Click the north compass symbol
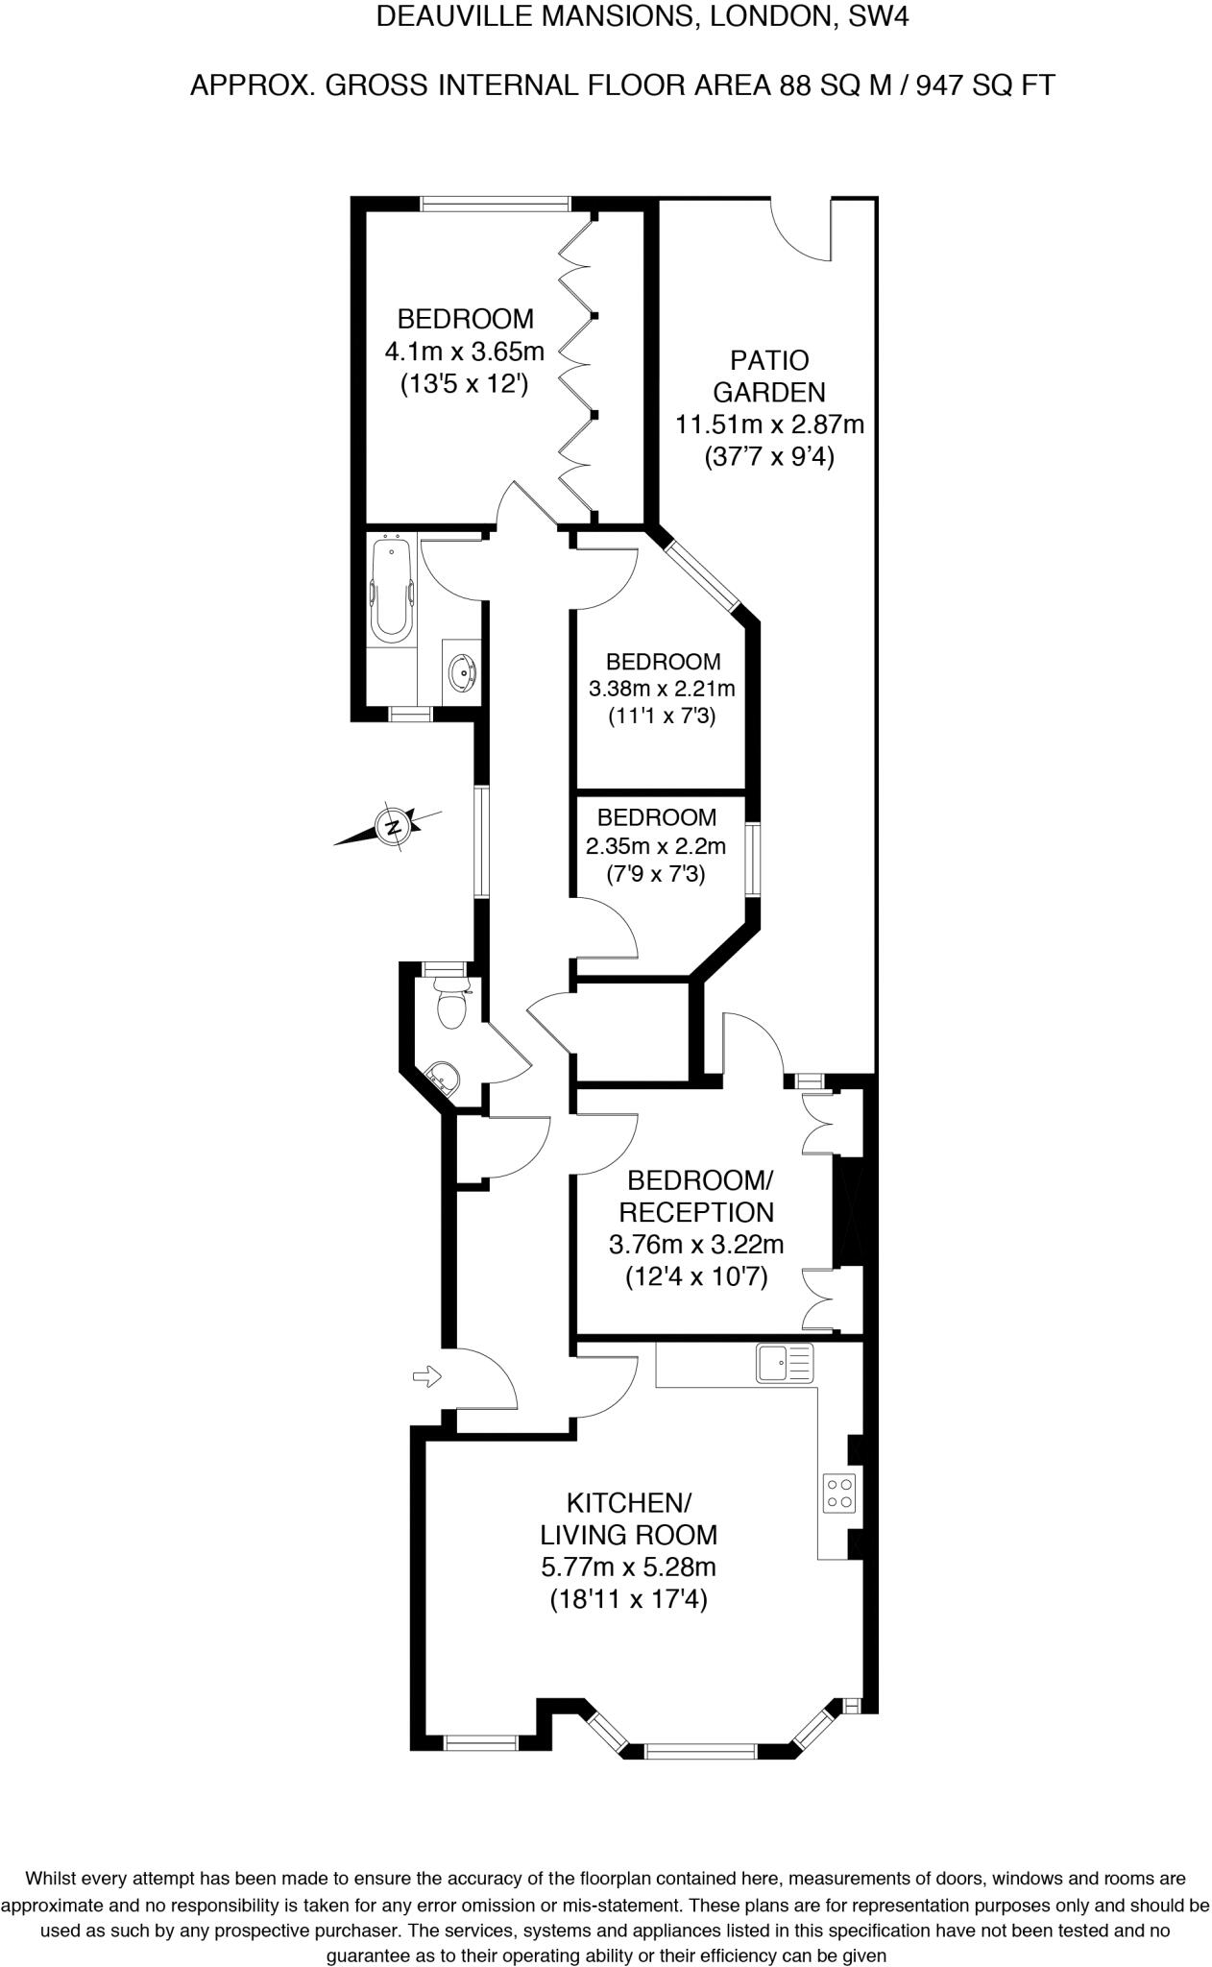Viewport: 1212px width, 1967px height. pyautogui.click(x=393, y=825)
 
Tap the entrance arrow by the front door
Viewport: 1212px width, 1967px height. pyautogui.click(x=425, y=1377)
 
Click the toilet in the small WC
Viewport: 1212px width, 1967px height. pyautogui.click(x=449, y=1004)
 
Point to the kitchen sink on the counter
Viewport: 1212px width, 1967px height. pyautogui.click(x=784, y=1362)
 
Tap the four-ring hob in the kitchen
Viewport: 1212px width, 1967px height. pyautogui.click(x=839, y=1492)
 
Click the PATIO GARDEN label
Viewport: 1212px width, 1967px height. pyautogui.click(x=769, y=376)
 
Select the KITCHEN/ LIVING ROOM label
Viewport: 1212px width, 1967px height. pyautogui.click(x=628, y=1518)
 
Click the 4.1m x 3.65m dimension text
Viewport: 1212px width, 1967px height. pyautogui.click(x=464, y=352)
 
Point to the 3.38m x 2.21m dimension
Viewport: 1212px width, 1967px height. pyautogui.click(x=662, y=689)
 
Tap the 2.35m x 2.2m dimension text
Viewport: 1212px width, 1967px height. pyautogui.click(x=656, y=846)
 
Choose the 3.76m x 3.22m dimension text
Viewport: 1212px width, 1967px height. pyautogui.click(x=696, y=1245)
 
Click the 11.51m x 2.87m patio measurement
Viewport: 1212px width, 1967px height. pyautogui.click(x=770, y=424)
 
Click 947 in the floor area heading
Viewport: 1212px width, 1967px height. pyautogui.click(x=939, y=86)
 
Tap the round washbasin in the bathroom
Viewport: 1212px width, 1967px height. pyautogui.click(x=463, y=672)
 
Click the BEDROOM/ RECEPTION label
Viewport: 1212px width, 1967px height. pyautogui.click(x=698, y=1195)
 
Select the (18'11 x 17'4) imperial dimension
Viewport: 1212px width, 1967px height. pyautogui.click(x=628, y=1599)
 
